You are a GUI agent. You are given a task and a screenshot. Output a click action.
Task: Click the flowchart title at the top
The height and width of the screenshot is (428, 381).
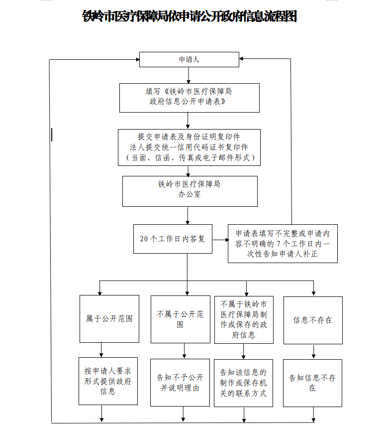(x=190, y=16)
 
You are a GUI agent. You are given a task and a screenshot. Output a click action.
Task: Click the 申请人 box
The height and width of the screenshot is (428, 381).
(x=189, y=59)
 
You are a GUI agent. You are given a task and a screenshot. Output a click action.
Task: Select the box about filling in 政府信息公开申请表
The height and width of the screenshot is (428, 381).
(x=189, y=97)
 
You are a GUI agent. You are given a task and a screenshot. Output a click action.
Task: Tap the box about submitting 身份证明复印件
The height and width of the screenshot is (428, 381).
(x=189, y=147)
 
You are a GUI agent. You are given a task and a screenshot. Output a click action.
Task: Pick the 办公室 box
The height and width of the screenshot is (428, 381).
(x=190, y=191)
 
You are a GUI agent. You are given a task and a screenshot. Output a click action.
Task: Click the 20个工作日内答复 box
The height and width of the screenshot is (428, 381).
(x=173, y=239)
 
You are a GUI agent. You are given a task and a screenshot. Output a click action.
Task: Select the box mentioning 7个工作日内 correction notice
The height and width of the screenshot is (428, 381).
(x=283, y=243)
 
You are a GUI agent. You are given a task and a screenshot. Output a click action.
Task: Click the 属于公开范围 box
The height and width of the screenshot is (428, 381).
(x=109, y=319)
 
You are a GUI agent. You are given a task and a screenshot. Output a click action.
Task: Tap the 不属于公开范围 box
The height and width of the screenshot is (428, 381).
(x=180, y=319)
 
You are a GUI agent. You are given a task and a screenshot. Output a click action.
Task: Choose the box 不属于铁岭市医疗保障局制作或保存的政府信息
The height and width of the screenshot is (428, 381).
(x=244, y=319)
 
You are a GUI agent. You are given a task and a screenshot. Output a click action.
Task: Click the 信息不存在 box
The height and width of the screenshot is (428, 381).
(x=313, y=320)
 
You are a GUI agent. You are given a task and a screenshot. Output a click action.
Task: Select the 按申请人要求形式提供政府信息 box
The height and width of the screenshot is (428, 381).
(x=108, y=381)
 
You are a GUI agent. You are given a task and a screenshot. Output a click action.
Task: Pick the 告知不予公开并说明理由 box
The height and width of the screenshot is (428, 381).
(x=180, y=383)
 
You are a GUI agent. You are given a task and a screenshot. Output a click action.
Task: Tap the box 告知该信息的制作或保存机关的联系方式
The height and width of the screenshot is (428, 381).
(x=244, y=383)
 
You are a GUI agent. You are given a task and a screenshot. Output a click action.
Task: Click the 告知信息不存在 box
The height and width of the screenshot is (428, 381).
(x=313, y=383)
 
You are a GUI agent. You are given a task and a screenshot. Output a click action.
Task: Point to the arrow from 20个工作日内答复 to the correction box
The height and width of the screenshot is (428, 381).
(x=220, y=239)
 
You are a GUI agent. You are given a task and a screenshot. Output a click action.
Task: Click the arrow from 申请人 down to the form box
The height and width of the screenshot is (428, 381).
(x=188, y=75)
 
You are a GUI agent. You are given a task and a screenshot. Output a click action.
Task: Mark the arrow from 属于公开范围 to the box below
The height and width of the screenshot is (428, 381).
(x=101, y=350)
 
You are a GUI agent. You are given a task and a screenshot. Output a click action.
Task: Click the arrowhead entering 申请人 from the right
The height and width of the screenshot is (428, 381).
(x=242, y=59)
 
